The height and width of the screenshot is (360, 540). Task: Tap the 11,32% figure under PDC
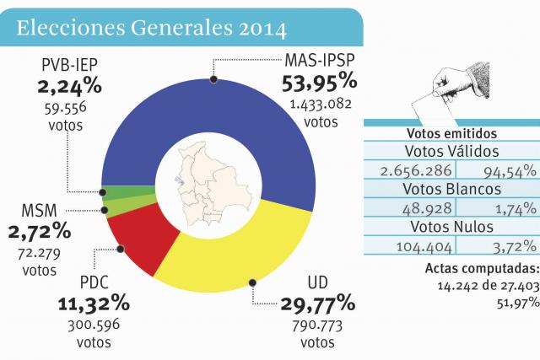[93, 304]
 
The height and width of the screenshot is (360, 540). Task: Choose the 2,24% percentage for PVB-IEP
[70, 86]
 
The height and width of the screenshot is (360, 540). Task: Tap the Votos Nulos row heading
[451, 227]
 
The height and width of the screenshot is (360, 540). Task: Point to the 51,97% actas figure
[516, 302]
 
